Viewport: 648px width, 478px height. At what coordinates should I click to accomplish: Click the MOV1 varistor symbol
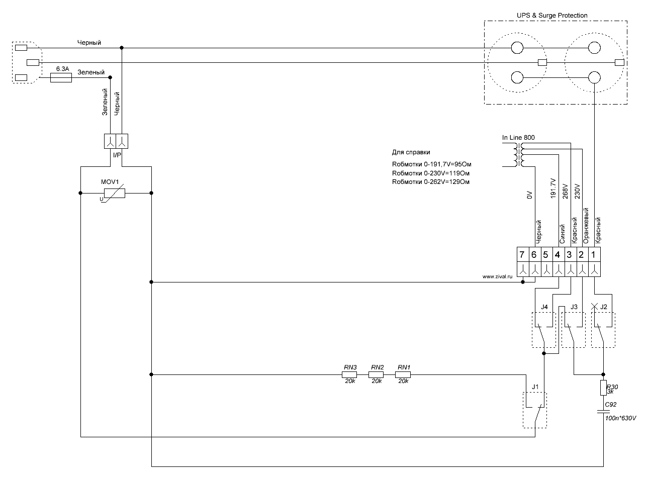click(x=114, y=193)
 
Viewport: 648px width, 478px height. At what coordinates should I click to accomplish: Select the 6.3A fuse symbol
click(x=61, y=78)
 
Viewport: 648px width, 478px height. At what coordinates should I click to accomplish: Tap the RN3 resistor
click(x=349, y=374)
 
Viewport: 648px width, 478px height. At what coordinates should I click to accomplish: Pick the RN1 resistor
click(x=403, y=374)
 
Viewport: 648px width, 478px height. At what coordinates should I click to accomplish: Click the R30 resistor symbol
click(x=603, y=388)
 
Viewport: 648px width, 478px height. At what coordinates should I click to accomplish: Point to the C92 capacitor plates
click(x=603, y=412)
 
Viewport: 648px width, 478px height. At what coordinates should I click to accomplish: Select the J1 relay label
click(x=535, y=387)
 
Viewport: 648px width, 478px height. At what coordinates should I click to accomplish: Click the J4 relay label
click(x=544, y=307)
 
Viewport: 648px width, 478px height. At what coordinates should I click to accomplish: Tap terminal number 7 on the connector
click(x=522, y=255)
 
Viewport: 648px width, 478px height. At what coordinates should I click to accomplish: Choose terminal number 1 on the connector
click(x=593, y=255)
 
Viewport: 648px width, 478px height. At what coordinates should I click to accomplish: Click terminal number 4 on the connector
click(x=558, y=255)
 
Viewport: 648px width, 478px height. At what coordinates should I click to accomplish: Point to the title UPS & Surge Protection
click(x=552, y=16)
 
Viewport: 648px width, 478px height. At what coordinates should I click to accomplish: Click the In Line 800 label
click(x=518, y=138)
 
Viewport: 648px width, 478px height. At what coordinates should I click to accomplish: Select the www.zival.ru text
click(x=497, y=276)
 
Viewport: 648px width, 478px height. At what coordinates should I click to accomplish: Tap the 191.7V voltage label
click(x=553, y=188)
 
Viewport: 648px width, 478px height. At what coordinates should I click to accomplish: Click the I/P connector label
click(x=117, y=155)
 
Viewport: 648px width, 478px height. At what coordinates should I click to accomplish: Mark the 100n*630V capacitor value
click(x=620, y=418)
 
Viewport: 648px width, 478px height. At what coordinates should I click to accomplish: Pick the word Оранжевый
click(x=586, y=226)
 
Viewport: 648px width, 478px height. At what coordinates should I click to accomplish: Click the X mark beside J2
click(x=594, y=307)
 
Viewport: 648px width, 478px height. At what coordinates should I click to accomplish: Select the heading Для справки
click(x=411, y=152)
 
